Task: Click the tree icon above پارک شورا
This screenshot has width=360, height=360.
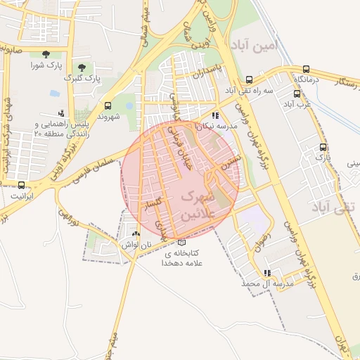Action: point(46,54)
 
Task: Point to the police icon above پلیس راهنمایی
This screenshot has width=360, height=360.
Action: point(61,112)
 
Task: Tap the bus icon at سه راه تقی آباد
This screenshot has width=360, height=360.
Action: point(250,79)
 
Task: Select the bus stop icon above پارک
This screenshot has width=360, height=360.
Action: point(323,147)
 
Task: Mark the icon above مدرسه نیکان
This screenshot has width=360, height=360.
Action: point(215,115)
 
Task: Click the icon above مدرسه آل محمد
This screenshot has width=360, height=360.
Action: point(266,273)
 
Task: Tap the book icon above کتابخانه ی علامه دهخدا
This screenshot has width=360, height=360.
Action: point(182,243)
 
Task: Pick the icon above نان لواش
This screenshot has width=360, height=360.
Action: point(136,233)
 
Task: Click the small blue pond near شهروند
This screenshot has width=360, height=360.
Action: point(55,92)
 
